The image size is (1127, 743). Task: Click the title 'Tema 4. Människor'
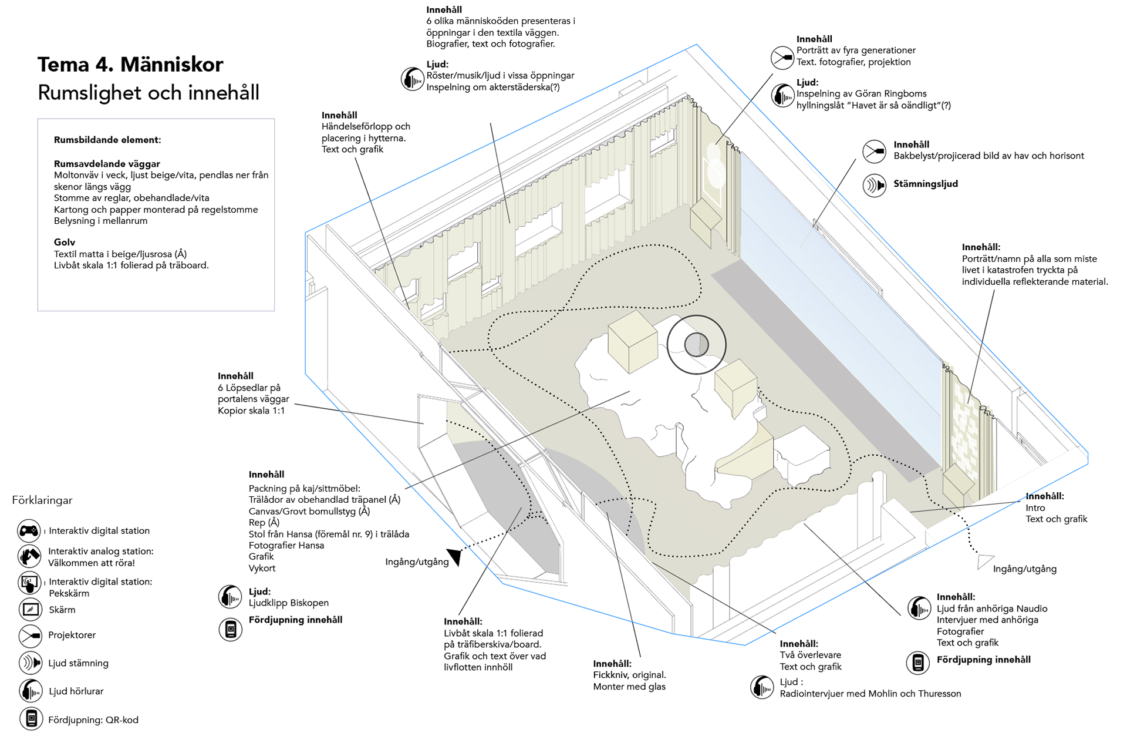click(130, 65)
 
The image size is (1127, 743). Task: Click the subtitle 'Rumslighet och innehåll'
click(148, 93)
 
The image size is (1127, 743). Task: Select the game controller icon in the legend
click(29, 531)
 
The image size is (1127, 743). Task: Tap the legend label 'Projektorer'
click(72, 635)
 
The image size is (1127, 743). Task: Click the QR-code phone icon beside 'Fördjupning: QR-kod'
click(31, 718)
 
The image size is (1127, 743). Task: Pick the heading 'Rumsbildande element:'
click(107, 140)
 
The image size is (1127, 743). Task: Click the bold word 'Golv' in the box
click(65, 242)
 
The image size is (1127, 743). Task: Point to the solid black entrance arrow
click(455, 556)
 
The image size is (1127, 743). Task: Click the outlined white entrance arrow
click(984, 562)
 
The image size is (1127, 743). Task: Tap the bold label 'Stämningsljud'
click(926, 184)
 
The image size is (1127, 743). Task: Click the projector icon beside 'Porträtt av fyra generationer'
click(782, 58)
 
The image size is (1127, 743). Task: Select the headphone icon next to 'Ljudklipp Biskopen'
click(230, 597)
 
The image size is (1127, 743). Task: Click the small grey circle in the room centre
click(697, 345)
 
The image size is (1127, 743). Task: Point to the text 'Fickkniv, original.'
click(629, 675)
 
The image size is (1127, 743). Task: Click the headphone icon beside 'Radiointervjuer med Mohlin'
click(762, 687)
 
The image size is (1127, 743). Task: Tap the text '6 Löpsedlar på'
click(249, 388)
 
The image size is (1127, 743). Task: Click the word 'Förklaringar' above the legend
click(42, 500)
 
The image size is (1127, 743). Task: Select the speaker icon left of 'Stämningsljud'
click(874, 186)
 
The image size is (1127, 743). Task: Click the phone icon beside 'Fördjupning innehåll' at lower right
click(918, 663)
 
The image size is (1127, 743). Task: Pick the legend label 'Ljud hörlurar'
click(76, 691)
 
